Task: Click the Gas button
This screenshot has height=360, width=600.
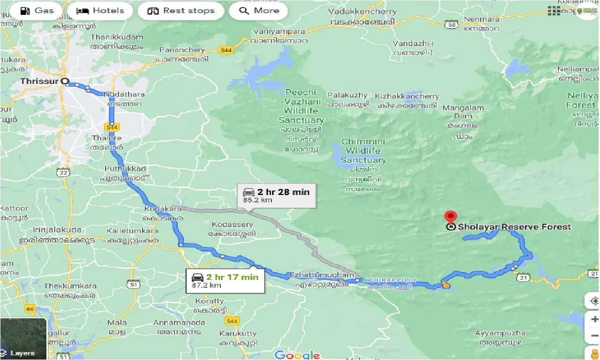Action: [x=37, y=11]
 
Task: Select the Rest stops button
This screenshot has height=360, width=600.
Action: [x=180, y=11]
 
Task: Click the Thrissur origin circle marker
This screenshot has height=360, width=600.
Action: [x=66, y=81]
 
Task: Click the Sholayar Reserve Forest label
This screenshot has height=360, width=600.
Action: [x=514, y=227]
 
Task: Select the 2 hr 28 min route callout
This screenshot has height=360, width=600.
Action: [x=276, y=195]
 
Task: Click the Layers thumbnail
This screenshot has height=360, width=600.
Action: [x=23, y=338]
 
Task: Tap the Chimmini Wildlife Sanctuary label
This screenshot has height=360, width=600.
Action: [x=363, y=151]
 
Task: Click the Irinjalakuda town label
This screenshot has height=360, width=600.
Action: [x=57, y=230]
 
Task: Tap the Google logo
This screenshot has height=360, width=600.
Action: [x=297, y=354]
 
